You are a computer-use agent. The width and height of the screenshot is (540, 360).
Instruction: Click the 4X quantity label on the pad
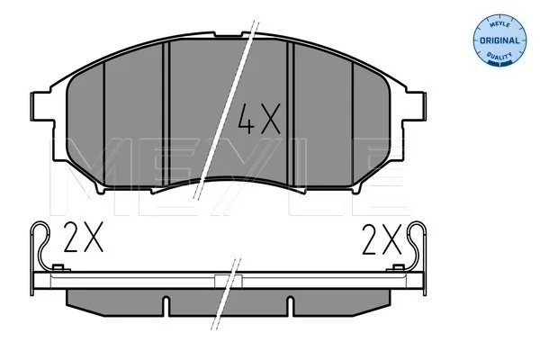click(259, 119)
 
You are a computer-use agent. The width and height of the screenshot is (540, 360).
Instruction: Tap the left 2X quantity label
click(83, 237)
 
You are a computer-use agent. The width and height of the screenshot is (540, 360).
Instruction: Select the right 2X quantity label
click(382, 239)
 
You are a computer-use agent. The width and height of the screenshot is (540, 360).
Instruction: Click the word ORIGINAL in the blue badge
click(499, 40)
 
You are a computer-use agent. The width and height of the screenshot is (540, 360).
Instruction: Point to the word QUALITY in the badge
click(499, 56)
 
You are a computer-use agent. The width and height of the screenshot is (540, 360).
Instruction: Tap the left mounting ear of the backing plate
click(42, 106)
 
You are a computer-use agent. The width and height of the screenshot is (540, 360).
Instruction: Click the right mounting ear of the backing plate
click(416, 106)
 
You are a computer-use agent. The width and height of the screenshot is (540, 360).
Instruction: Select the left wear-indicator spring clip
click(41, 246)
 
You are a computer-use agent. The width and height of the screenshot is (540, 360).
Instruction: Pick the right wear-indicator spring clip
click(418, 246)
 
